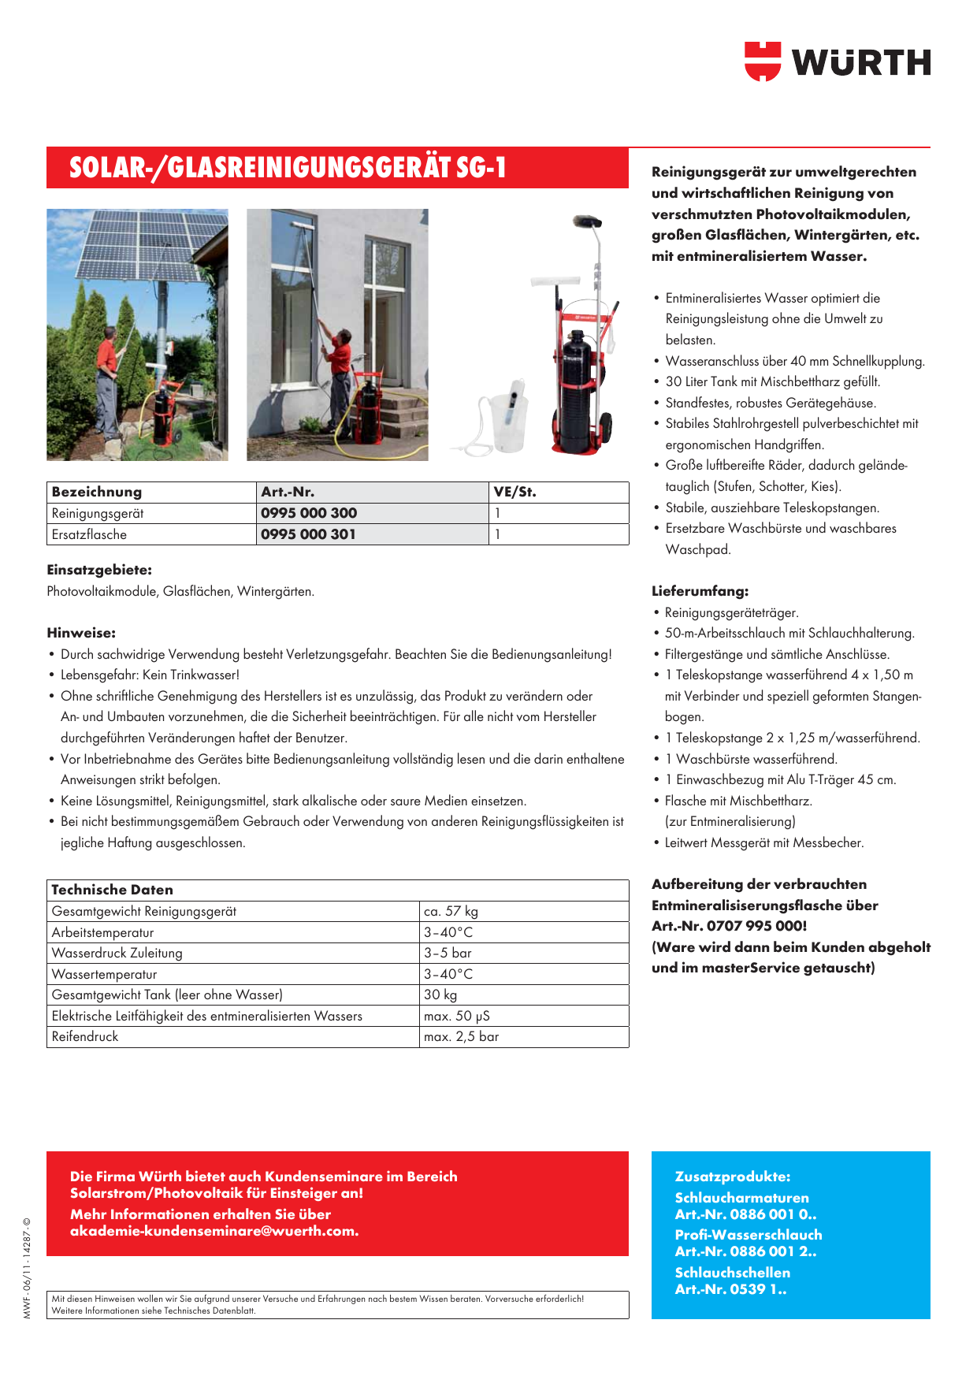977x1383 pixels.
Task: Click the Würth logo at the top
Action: [x=837, y=61]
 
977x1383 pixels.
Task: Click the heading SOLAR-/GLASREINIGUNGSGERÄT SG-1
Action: [x=288, y=168]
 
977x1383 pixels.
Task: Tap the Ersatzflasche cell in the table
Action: [x=89, y=534]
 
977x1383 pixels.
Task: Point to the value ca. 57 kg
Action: [x=451, y=911]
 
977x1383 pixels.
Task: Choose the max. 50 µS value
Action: [x=457, y=1016]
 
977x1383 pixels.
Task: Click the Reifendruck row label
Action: [x=85, y=1036]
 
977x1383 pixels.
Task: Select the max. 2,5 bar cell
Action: [x=461, y=1036]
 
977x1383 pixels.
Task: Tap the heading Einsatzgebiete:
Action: [x=99, y=570]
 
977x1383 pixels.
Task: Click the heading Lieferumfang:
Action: [x=700, y=591]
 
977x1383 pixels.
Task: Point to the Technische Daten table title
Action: [x=112, y=890]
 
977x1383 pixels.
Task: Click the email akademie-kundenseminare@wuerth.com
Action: [x=214, y=1231]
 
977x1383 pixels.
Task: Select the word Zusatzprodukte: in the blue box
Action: [x=733, y=1177]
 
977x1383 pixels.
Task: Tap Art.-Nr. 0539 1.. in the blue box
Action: [x=730, y=1289]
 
